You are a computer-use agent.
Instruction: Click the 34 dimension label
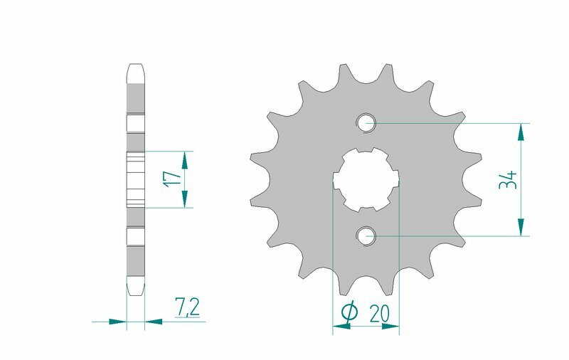[508, 179]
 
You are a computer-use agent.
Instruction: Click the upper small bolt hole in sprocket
[367, 122]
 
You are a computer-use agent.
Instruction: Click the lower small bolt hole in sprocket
[367, 234]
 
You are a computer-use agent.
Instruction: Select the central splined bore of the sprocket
[367, 179]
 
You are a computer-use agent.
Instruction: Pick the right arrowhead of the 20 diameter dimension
[390, 327]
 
